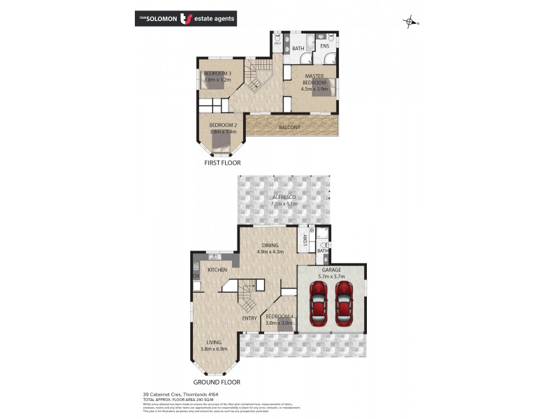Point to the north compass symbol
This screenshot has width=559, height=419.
[410, 22]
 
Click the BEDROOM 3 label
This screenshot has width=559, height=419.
[217, 73]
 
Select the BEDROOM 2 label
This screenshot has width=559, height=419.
[222, 125]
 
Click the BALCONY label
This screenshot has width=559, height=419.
[289, 127]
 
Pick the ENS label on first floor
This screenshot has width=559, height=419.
[325, 47]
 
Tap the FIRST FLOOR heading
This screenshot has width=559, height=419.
[222, 163]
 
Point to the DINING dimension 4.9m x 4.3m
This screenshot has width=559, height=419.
[270, 253]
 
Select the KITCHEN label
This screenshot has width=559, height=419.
[218, 269]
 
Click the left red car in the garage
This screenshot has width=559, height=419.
[319, 304]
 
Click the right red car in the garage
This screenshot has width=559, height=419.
[344, 304]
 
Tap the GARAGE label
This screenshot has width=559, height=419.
[331, 269]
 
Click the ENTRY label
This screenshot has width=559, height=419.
[249, 318]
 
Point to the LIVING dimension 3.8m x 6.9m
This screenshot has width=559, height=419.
[214, 348]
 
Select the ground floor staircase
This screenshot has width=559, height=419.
[245, 298]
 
